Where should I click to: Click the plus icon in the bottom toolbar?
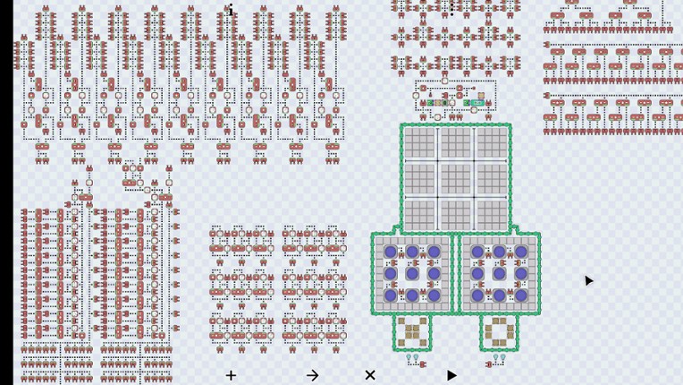231,375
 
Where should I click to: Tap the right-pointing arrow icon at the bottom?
312,375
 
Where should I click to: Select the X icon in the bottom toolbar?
370,375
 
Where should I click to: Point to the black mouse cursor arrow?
588,281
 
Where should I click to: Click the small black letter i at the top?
230,11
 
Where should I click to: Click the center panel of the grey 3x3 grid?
455,178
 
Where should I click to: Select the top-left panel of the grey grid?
420,143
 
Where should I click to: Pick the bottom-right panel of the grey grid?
491,213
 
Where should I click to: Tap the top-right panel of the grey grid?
491,143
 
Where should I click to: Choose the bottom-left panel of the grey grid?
420,213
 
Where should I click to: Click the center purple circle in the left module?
412,273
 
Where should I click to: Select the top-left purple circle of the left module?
391,252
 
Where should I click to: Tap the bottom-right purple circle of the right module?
520,295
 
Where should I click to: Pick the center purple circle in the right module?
499,273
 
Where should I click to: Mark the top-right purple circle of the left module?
434,252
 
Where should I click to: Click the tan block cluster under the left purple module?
412,332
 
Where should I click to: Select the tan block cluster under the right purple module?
499,332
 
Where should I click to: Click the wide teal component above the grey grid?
476,103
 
